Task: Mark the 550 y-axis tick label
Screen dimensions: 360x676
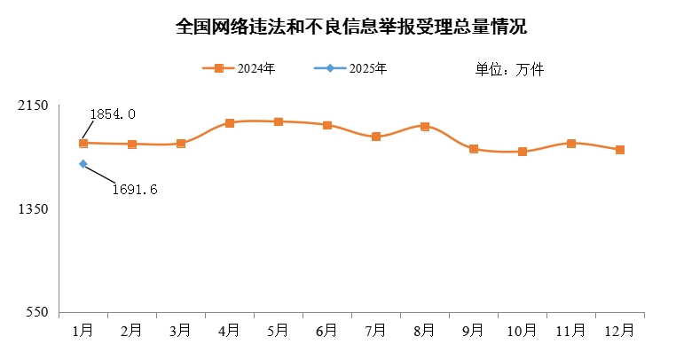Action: [35, 313]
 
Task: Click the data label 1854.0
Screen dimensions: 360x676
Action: [113, 114]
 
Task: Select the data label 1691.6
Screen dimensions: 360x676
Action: [135, 189]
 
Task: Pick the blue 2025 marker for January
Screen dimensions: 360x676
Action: [83, 164]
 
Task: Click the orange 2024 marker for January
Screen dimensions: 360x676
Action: [83, 143]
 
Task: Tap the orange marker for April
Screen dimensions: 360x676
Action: [230, 123]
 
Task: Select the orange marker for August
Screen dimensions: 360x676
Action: [425, 127]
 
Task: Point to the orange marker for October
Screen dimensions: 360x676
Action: [523, 152]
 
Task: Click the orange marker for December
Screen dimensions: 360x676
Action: [620, 150]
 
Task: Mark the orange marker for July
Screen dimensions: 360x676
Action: [376, 137]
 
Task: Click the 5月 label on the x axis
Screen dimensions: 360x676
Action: [279, 331]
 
